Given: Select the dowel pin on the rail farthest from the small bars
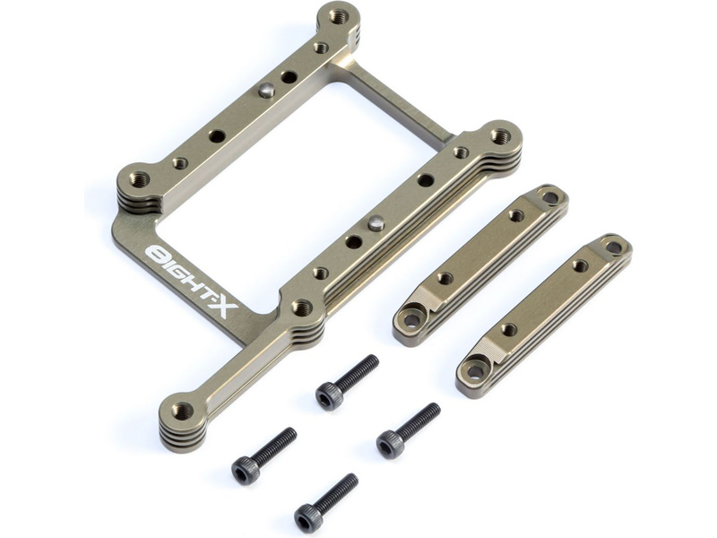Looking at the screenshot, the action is coord(264,91).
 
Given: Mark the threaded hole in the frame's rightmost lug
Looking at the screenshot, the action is coord(499,135).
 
